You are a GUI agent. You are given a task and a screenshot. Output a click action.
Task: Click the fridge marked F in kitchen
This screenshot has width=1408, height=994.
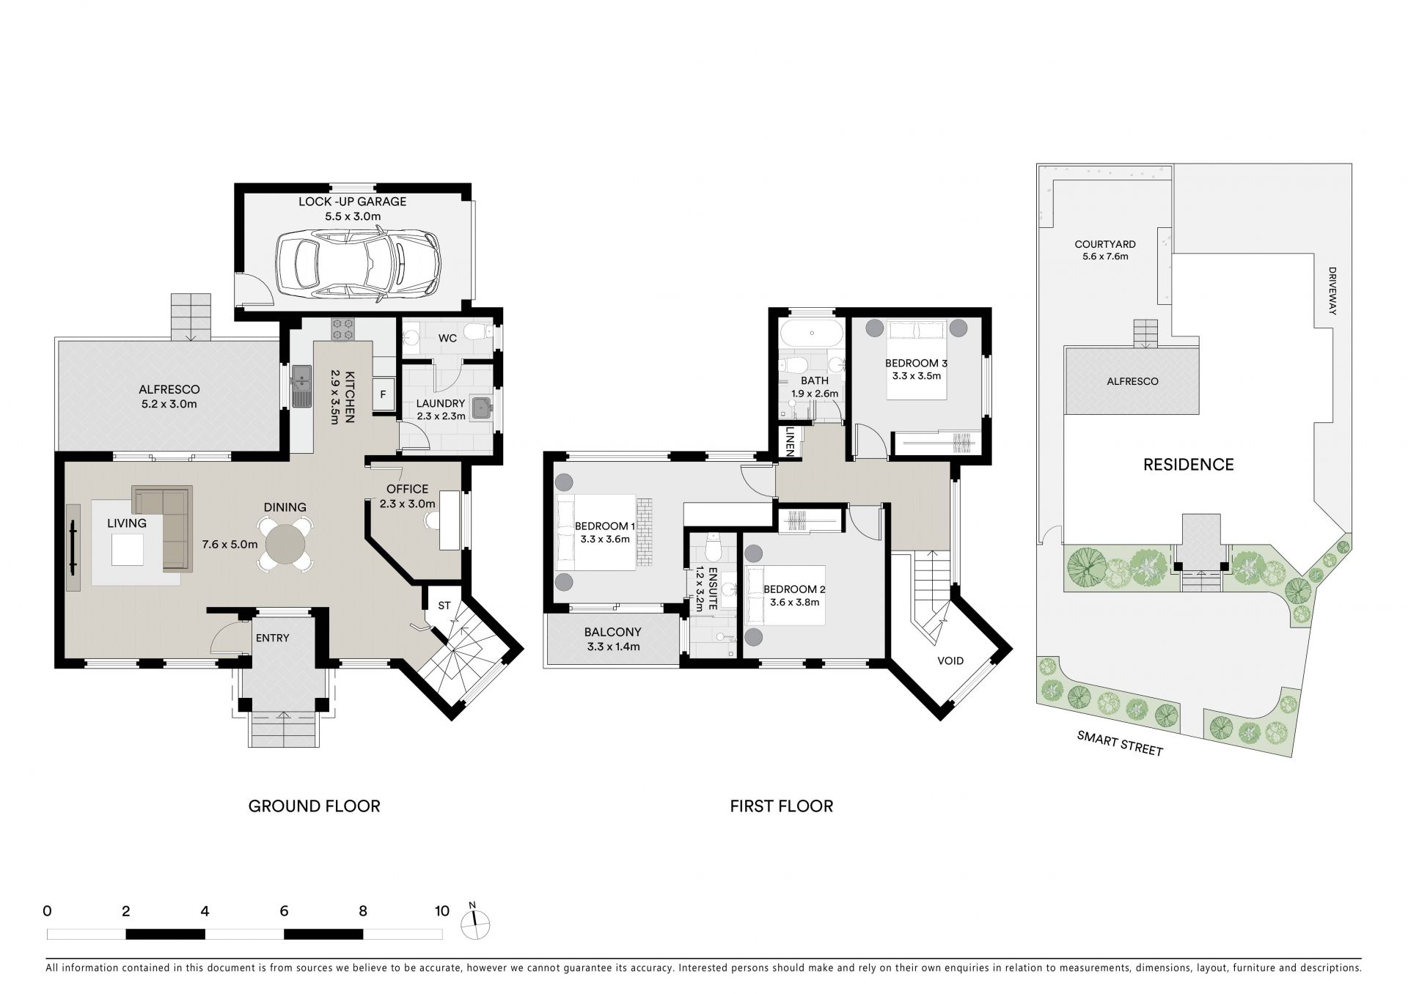(x=383, y=394)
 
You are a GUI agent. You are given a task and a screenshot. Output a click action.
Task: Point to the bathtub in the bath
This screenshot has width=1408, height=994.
(x=812, y=334)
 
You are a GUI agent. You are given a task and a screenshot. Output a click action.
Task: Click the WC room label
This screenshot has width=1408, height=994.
(x=447, y=338)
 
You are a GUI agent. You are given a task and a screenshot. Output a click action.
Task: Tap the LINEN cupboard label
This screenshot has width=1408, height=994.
(x=790, y=442)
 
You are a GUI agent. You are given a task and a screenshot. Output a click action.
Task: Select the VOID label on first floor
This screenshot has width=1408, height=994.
(x=950, y=660)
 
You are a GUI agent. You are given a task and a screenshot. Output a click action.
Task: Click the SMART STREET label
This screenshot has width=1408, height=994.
(x=1120, y=743)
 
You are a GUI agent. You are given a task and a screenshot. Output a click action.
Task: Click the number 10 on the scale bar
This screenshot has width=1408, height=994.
(x=441, y=911)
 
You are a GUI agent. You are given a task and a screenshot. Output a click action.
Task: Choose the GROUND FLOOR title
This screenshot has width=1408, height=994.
(x=314, y=806)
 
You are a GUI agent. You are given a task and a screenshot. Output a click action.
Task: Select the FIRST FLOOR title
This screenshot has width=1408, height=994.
(x=781, y=806)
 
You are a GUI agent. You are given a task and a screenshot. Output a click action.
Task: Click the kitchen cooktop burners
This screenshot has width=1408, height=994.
(x=342, y=329)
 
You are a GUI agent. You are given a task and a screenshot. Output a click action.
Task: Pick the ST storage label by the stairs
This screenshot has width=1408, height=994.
(x=444, y=605)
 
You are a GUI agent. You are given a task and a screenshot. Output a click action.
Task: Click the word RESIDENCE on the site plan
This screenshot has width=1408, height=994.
(x=1189, y=464)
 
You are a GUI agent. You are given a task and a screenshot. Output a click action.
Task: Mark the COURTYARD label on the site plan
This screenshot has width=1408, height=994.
(x=1105, y=245)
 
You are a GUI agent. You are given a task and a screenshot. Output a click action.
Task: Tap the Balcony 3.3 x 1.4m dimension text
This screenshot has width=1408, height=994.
(x=613, y=647)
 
